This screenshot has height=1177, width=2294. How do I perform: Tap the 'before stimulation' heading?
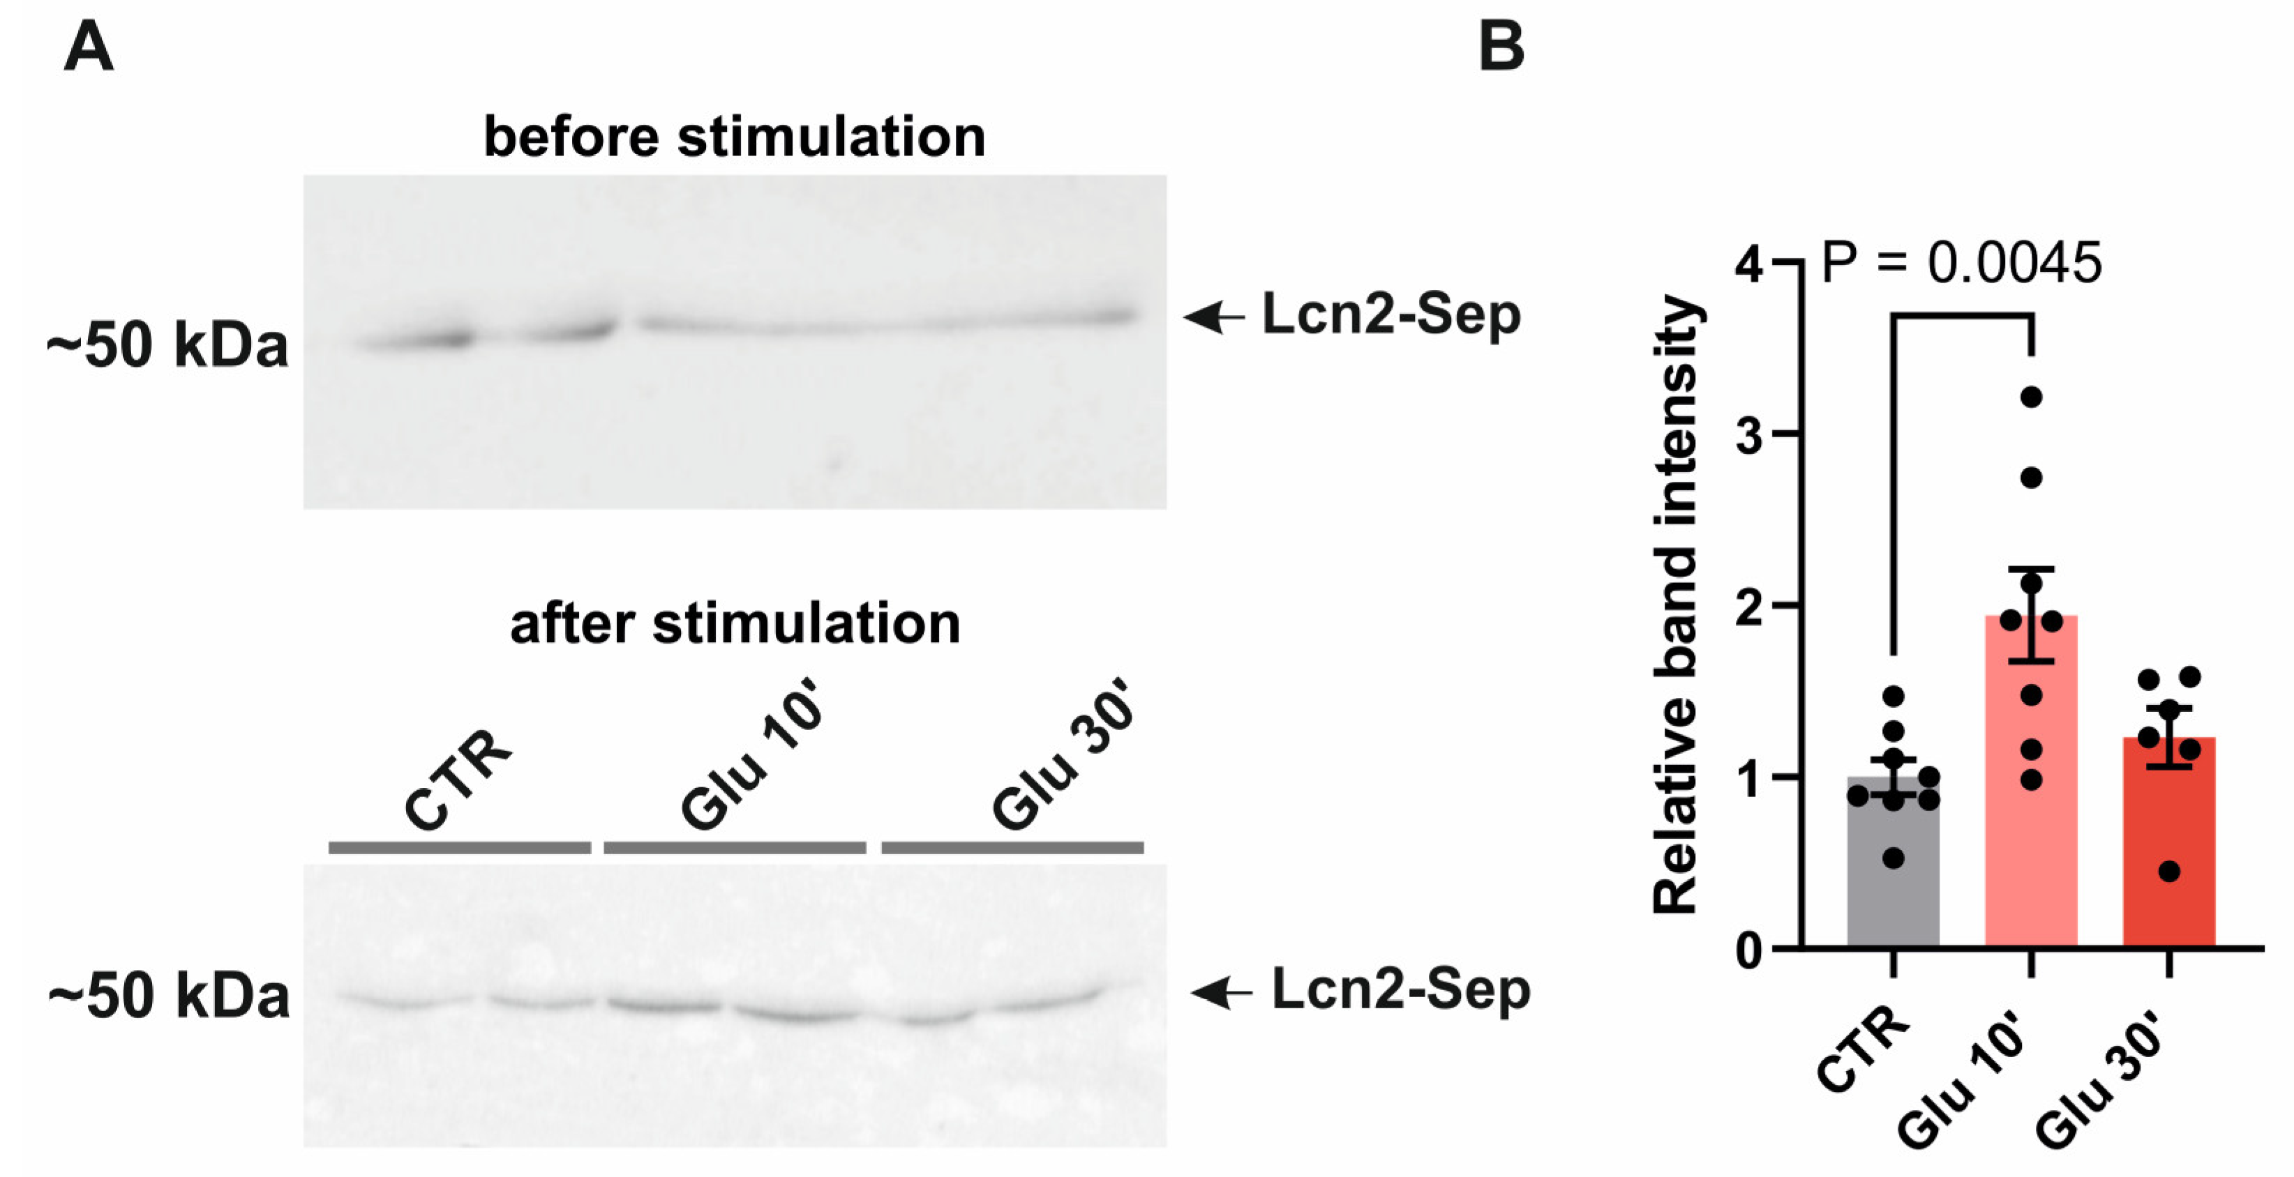click(x=734, y=137)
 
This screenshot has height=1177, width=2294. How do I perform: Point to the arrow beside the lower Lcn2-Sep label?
click(x=1221, y=992)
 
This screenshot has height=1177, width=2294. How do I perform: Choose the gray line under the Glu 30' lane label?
click(x=1012, y=848)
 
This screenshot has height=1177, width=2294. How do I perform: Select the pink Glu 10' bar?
click(x=2030, y=801)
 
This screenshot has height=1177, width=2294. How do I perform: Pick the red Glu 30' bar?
click(x=2168, y=855)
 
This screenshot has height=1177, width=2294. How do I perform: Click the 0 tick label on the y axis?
click(x=1749, y=951)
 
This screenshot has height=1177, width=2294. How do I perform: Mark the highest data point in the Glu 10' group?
click(x=2030, y=397)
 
